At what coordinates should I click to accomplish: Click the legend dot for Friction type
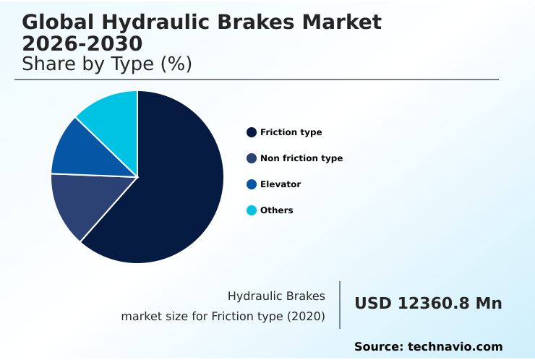pyautogui.click(x=252, y=132)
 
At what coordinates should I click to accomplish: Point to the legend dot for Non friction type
pyautogui.click(x=252, y=158)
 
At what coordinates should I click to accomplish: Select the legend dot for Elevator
pyautogui.click(x=252, y=184)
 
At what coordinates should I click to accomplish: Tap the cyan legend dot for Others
pyautogui.click(x=252, y=210)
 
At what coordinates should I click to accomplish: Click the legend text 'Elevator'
pyautogui.click(x=281, y=184)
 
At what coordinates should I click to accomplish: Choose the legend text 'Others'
pyautogui.click(x=277, y=210)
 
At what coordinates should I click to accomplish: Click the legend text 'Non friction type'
pyautogui.click(x=301, y=158)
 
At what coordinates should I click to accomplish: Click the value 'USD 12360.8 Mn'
pyautogui.click(x=428, y=304)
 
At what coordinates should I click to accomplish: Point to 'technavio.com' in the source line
pyautogui.click(x=455, y=347)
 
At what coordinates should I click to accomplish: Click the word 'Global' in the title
pyautogui.click(x=60, y=22)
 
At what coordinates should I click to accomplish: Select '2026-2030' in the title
pyautogui.click(x=82, y=43)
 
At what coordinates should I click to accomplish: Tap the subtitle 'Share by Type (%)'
pyautogui.click(x=107, y=64)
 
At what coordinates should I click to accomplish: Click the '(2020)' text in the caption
pyautogui.click(x=306, y=317)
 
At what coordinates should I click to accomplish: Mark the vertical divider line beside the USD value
pyautogui.click(x=340, y=304)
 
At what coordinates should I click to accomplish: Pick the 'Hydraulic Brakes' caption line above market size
pyautogui.click(x=276, y=296)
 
